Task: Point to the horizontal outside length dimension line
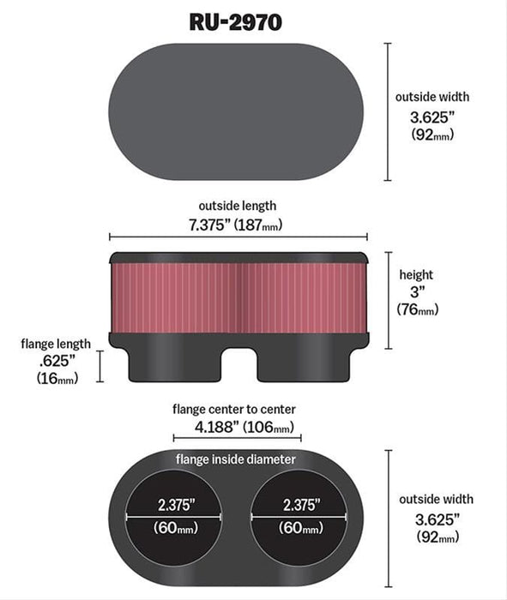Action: tap(238, 237)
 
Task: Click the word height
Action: tap(416, 274)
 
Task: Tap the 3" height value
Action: tap(415, 291)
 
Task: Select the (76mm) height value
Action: tap(416, 309)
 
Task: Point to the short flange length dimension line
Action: tap(100, 366)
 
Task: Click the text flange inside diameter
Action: tap(236, 459)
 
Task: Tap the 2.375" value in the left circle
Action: tap(177, 504)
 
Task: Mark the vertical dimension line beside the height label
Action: tap(388, 300)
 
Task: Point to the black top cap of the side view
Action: tap(238, 258)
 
